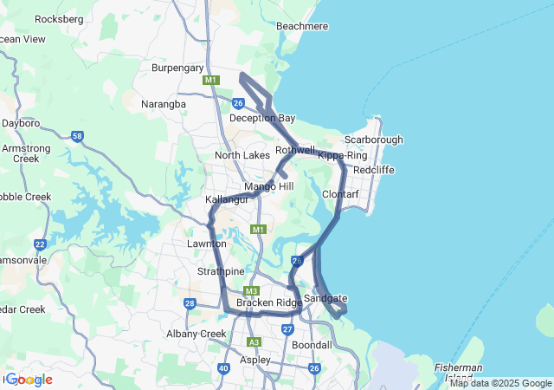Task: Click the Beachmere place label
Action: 302,26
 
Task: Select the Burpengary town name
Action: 177,67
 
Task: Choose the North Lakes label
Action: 242,155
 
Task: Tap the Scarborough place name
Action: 374,140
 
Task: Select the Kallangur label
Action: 227,199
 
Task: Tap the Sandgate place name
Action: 325,297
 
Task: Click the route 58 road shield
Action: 78,136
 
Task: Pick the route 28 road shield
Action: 190,302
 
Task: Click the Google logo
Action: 29,379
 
